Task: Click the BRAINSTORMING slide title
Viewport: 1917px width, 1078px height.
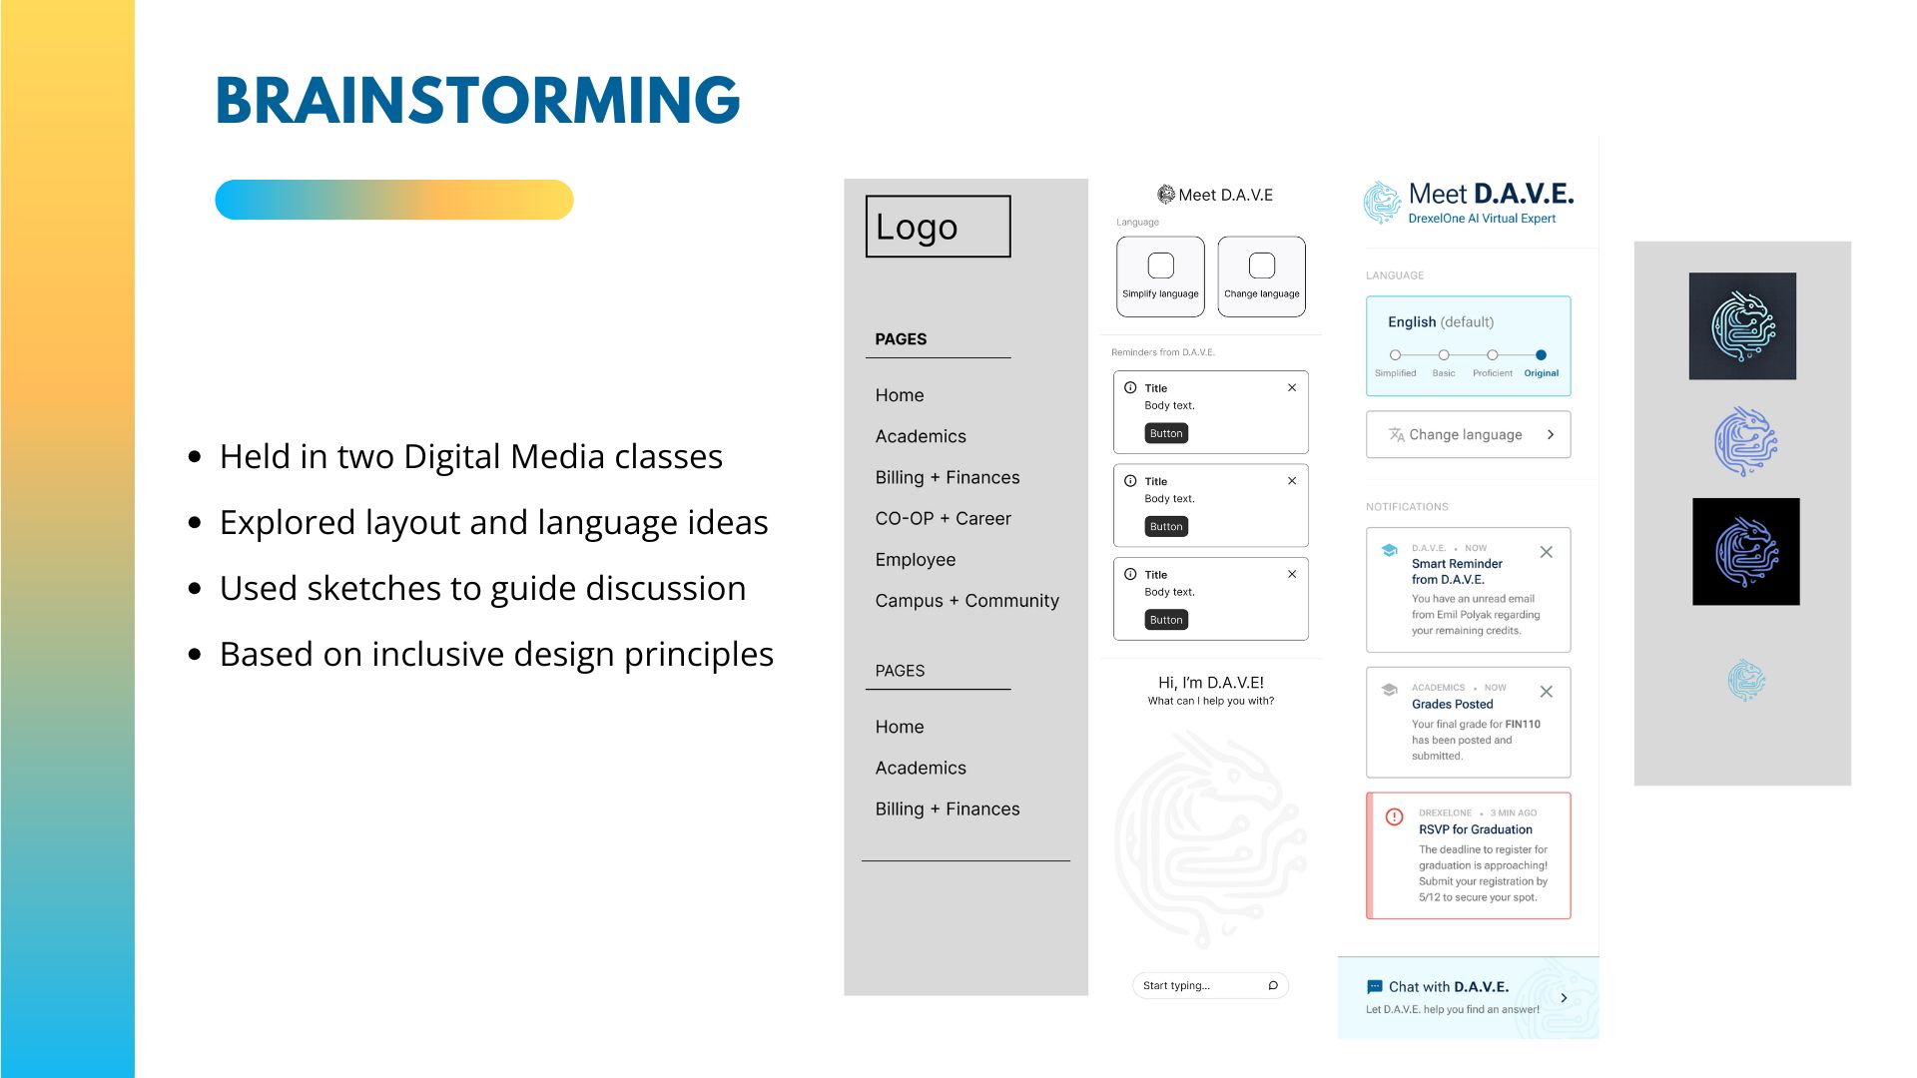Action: tap(477, 100)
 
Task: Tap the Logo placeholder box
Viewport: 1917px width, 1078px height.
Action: tap(938, 227)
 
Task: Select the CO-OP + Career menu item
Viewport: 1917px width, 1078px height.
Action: tap(943, 518)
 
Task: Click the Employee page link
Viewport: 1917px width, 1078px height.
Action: tap(915, 559)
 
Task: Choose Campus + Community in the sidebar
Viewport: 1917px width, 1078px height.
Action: tap(966, 600)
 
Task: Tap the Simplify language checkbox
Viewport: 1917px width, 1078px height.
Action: tap(1160, 266)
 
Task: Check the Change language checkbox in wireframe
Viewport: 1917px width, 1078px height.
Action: tap(1262, 266)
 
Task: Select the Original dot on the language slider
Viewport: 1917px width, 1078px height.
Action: tap(1541, 354)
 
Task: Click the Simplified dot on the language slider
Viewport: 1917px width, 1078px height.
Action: tap(1395, 354)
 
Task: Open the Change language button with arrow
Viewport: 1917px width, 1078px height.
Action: tap(1468, 434)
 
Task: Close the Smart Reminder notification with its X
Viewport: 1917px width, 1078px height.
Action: tap(1546, 552)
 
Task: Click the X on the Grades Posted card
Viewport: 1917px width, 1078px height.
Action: tap(1546, 692)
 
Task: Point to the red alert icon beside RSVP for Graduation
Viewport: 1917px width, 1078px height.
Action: tap(1394, 816)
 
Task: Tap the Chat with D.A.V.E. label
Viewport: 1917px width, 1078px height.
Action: tap(1448, 986)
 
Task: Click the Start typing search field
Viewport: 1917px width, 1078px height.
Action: tap(1210, 985)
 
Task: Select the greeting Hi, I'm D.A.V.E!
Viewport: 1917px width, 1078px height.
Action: tap(1210, 683)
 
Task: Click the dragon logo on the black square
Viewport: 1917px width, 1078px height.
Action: tap(1746, 551)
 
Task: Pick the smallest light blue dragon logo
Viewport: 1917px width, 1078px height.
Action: tap(1746, 680)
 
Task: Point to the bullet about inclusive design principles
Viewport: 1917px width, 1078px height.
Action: tap(496, 654)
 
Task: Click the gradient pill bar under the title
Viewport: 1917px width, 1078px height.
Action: tap(394, 200)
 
